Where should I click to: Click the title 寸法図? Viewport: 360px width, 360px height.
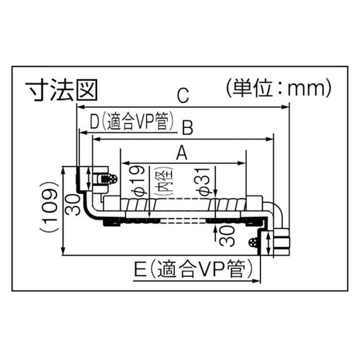point(61,90)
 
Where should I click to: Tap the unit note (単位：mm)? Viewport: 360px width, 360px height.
point(279,88)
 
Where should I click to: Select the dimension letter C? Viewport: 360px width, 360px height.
point(183,96)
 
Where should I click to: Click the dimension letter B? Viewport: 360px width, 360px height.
point(188,128)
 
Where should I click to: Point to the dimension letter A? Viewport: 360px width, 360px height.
point(182,153)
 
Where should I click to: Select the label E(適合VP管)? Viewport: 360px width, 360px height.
point(193,268)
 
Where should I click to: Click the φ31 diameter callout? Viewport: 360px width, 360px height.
point(203,182)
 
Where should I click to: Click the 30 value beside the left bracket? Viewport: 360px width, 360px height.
point(73,205)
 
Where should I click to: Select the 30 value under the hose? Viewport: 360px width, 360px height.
point(228,235)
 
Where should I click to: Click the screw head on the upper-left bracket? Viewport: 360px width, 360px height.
point(113,179)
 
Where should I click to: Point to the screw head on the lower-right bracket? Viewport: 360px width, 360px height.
point(253,243)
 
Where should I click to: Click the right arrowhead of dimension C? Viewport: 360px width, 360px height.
point(285,107)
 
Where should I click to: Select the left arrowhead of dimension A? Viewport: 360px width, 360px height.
point(125,163)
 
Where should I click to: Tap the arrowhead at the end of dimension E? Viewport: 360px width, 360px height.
point(256,281)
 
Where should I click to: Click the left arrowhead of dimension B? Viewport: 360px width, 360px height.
point(96,139)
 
